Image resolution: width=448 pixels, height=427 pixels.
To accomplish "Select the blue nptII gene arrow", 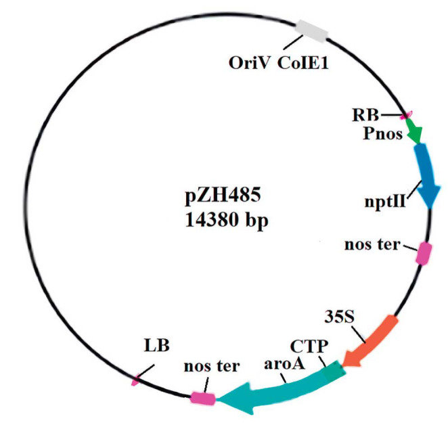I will click(x=426, y=177).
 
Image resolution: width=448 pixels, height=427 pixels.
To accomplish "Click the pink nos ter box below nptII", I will click(x=424, y=253).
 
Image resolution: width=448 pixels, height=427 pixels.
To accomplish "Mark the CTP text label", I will click(x=313, y=347).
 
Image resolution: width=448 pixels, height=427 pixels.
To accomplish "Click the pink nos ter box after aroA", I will click(x=202, y=399).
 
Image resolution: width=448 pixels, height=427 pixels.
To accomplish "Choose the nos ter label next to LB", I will click(x=211, y=367).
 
